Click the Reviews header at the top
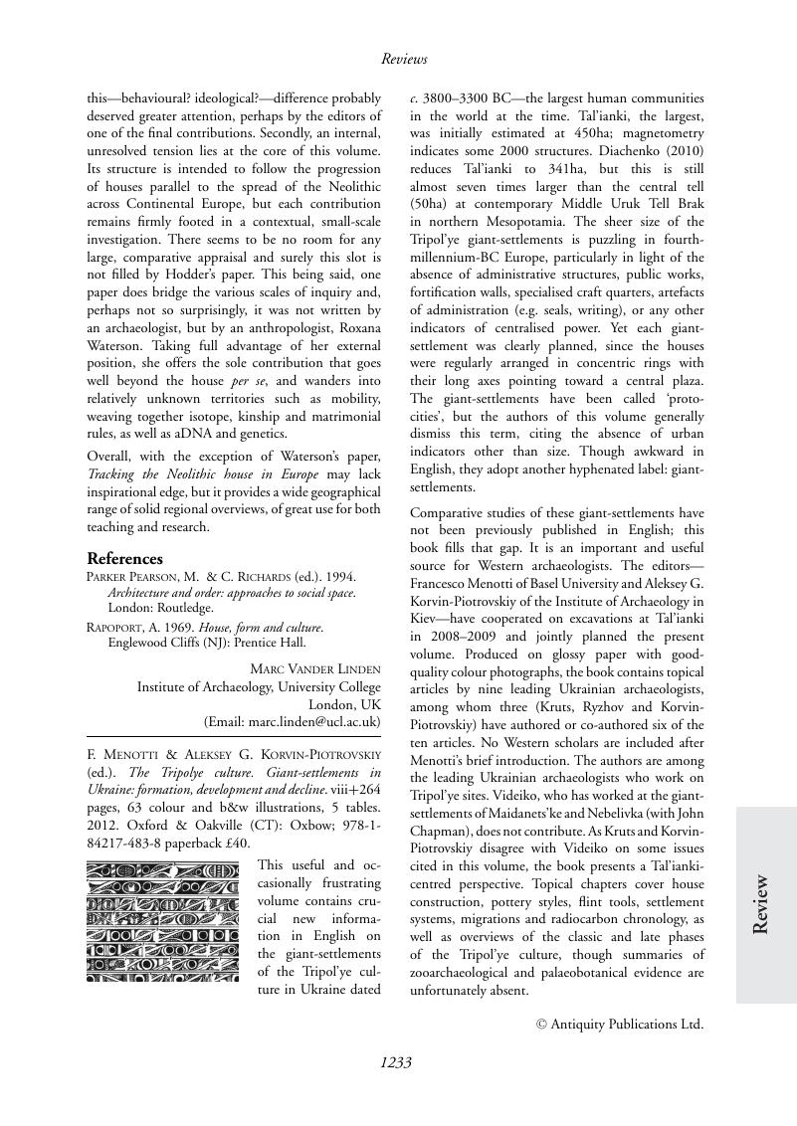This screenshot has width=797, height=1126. [x=404, y=60]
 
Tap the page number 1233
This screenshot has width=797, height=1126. [x=396, y=1062]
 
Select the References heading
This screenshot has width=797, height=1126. [x=124, y=559]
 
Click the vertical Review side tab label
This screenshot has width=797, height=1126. [x=761, y=904]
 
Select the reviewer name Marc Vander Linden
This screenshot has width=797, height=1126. [x=314, y=667]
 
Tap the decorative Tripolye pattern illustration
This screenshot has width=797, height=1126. [x=162, y=922]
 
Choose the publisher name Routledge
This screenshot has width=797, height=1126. [x=187, y=608]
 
